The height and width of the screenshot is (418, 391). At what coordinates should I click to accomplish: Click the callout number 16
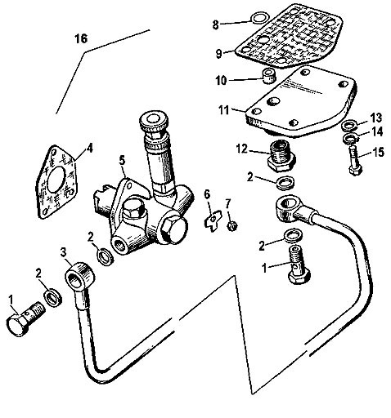click(x=81, y=38)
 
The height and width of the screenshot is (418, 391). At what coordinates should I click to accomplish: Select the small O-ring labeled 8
click(x=258, y=18)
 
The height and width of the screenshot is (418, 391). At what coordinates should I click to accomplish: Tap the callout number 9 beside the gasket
click(x=219, y=53)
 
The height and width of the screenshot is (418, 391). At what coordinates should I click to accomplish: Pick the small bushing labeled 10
click(x=268, y=75)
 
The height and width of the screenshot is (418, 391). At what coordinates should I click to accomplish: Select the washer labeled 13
click(x=349, y=126)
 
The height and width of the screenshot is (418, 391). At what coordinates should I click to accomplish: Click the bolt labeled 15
click(x=355, y=161)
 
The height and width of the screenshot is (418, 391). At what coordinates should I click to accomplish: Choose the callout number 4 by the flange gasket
click(x=89, y=149)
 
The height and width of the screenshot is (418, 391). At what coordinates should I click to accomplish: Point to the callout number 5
click(x=122, y=161)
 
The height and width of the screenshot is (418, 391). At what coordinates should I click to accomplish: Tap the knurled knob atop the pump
click(x=153, y=120)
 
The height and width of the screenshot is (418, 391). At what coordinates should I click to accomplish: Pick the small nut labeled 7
click(x=232, y=225)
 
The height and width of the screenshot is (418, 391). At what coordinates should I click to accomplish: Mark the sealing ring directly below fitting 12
click(x=285, y=183)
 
